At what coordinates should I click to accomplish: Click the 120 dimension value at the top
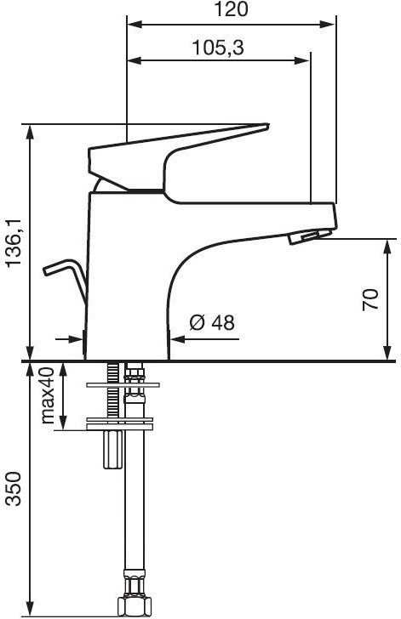tap(231, 9)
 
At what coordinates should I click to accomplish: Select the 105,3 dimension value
tap(218, 48)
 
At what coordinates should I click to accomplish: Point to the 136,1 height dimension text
tap(16, 243)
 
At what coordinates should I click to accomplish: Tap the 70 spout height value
tap(370, 299)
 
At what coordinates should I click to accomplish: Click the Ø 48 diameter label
tap(212, 322)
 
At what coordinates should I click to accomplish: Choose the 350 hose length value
tap(14, 488)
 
